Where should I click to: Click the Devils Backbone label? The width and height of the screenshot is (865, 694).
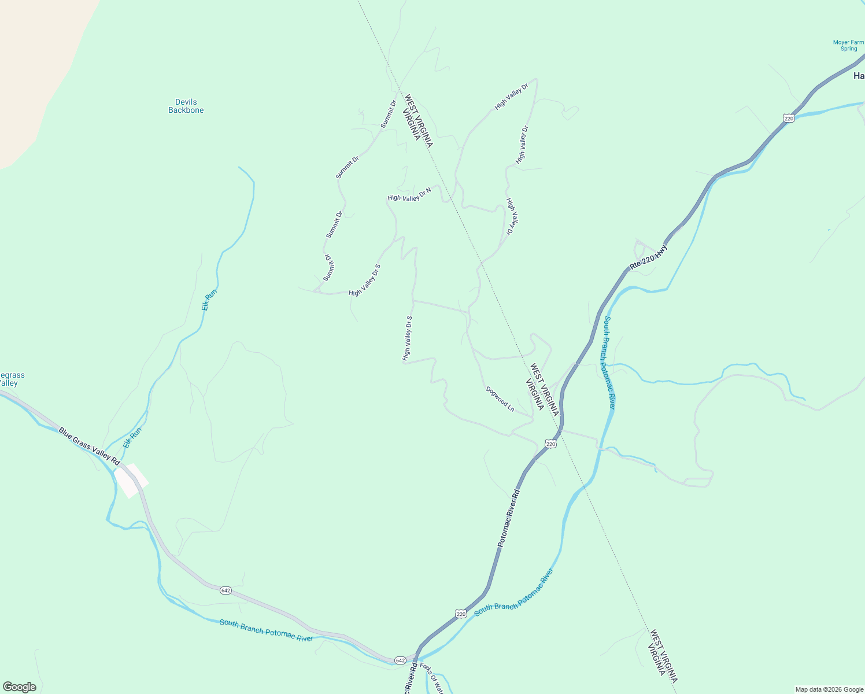(186, 106)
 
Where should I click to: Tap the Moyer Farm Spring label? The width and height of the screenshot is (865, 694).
(848, 46)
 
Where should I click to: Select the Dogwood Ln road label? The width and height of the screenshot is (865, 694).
(500, 398)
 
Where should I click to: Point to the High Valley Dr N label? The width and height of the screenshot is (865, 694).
(409, 194)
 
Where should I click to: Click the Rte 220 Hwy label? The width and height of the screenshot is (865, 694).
(648, 257)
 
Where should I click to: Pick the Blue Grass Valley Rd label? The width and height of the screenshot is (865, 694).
(89, 446)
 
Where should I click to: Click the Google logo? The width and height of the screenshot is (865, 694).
(20, 687)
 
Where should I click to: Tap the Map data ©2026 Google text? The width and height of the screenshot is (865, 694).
(829, 689)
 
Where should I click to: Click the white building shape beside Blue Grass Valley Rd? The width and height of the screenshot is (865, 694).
(131, 480)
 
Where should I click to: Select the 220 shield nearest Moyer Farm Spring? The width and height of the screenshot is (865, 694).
(789, 118)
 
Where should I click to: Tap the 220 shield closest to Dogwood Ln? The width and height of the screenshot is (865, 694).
(550, 444)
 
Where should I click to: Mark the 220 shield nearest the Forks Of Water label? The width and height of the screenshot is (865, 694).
(460, 614)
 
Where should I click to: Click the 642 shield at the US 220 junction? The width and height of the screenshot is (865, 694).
(400, 660)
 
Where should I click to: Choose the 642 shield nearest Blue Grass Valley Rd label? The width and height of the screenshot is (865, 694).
(226, 590)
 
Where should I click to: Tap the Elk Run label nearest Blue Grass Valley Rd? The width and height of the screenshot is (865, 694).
(132, 437)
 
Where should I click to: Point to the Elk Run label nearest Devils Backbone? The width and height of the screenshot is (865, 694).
(209, 300)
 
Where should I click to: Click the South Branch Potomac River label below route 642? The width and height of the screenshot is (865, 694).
(266, 630)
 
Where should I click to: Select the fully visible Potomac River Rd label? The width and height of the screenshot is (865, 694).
(509, 519)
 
